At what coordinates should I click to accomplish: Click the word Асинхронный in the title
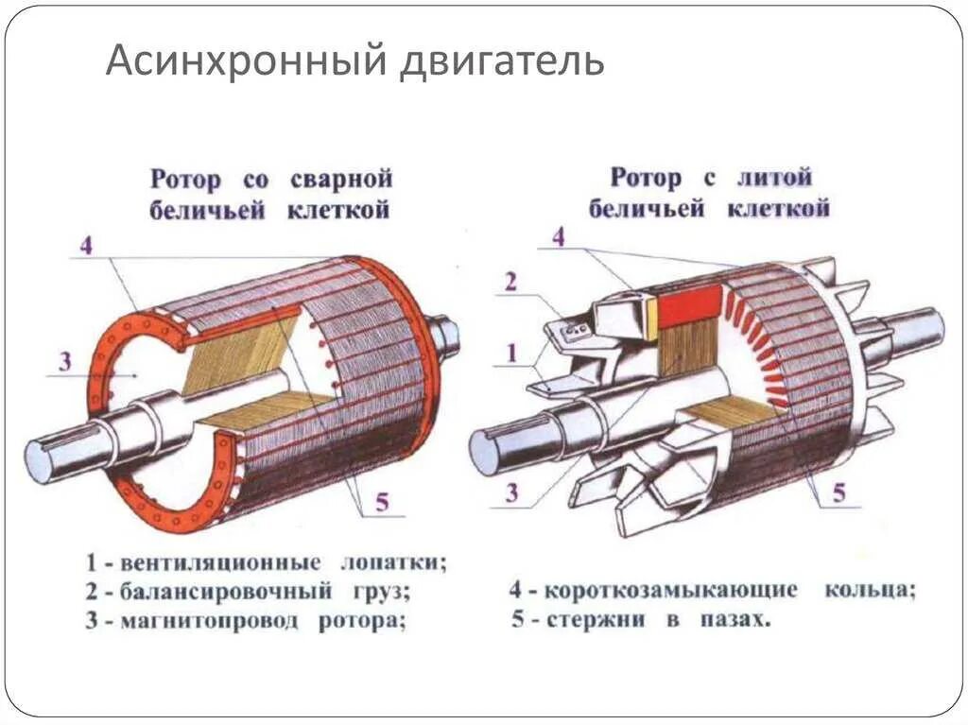(x=242, y=60)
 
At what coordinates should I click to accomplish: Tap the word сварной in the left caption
(x=341, y=180)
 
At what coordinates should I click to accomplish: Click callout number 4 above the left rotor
(x=86, y=246)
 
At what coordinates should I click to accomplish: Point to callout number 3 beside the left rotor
(x=64, y=360)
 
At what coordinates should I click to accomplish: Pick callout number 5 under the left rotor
(x=382, y=501)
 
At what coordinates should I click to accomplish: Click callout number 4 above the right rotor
(x=558, y=236)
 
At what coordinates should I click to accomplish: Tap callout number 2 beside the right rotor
(x=511, y=281)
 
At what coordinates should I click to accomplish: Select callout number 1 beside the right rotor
(x=511, y=353)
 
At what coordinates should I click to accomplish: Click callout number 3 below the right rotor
(x=511, y=492)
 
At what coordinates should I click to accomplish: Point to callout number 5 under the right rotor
(x=838, y=492)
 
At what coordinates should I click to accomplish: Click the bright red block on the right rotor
(x=689, y=307)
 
